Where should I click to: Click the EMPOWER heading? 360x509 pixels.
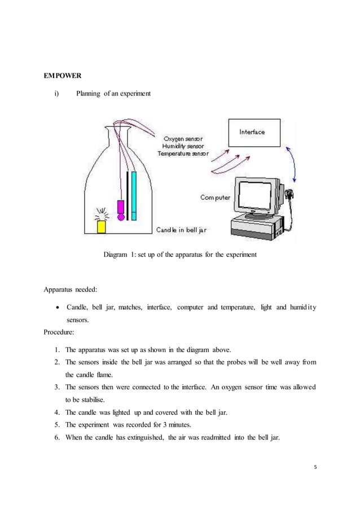(x=62, y=74)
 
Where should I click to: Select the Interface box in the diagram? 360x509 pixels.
(x=254, y=133)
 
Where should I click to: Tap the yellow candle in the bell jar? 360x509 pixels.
(x=102, y=226)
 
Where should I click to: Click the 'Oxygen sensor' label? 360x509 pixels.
(x=183, y=138)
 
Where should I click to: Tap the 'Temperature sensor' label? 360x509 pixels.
(x=183, y=153)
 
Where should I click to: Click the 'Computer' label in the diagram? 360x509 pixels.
(x=215, y=198)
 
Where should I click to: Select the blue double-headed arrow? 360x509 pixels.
(x=293, y=164)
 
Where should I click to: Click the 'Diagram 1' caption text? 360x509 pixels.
(x=179, y=254)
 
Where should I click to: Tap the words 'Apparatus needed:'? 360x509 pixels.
(x=70, y=290)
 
